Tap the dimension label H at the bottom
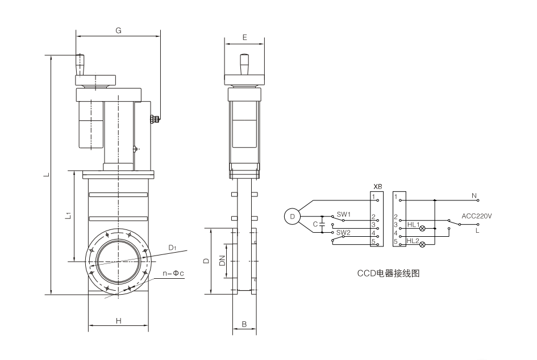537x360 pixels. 119,321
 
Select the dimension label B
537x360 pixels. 244,324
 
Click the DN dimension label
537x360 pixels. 222,262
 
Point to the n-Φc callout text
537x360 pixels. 174,274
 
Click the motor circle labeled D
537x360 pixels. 292,216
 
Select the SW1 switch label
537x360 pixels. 343,214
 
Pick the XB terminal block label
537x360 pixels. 377,186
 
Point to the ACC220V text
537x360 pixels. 477,216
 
